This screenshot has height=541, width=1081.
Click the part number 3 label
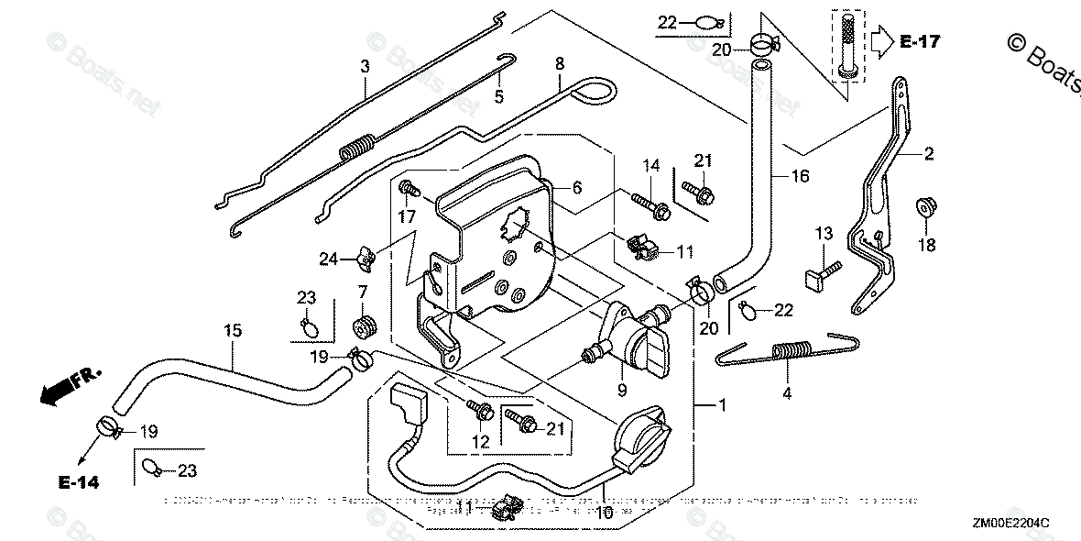(x=365, y=66)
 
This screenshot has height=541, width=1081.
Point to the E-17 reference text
(x=919, y=41)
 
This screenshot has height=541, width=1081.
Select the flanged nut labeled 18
(x=925, y=207)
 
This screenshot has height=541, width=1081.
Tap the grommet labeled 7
(x=365, y=326)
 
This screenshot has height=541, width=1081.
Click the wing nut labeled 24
(x=364, y=260)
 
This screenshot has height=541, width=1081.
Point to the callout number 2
(x=929, y=155)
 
